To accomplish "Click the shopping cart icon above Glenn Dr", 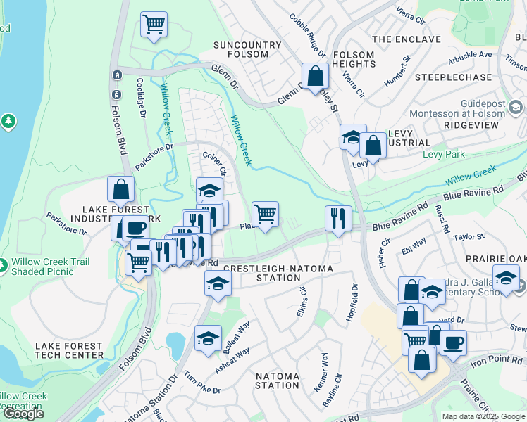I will pyautogui.click(x=154, y=25).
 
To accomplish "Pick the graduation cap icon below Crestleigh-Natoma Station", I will pyautogui.click(x=218, y=283).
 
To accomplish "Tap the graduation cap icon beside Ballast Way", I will pyautogui.click(x=208, y=338).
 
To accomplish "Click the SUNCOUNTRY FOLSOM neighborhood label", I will pyautogui.click(x=248, y=50).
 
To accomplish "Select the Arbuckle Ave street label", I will pyautogui.click(x=466, y=54).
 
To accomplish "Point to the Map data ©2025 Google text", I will pyautogui.click(x=483, y=416).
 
